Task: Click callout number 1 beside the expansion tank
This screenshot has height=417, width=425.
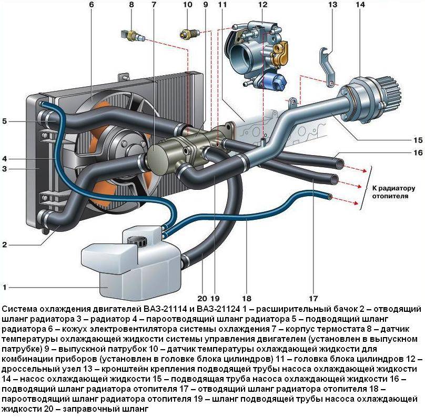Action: (5, 287)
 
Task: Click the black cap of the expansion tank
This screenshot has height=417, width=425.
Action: (140, 241)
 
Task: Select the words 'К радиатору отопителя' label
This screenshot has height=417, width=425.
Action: (390, 192)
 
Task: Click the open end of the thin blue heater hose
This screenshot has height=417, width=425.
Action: (330, 197)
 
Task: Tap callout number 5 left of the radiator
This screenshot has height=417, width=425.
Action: (5, 121)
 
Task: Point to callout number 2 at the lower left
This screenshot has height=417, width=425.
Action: (5, 245)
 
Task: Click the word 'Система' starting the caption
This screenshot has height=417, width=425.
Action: (19, 308)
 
